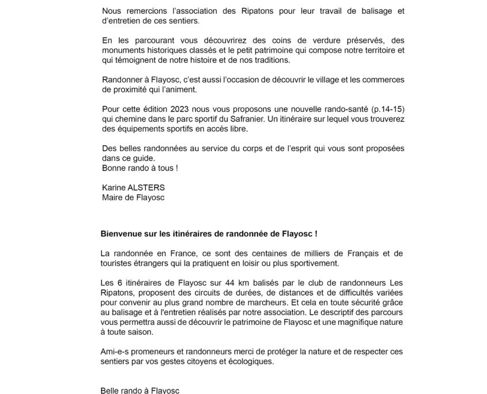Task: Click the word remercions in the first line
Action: point(142,12)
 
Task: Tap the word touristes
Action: point(118,265)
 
